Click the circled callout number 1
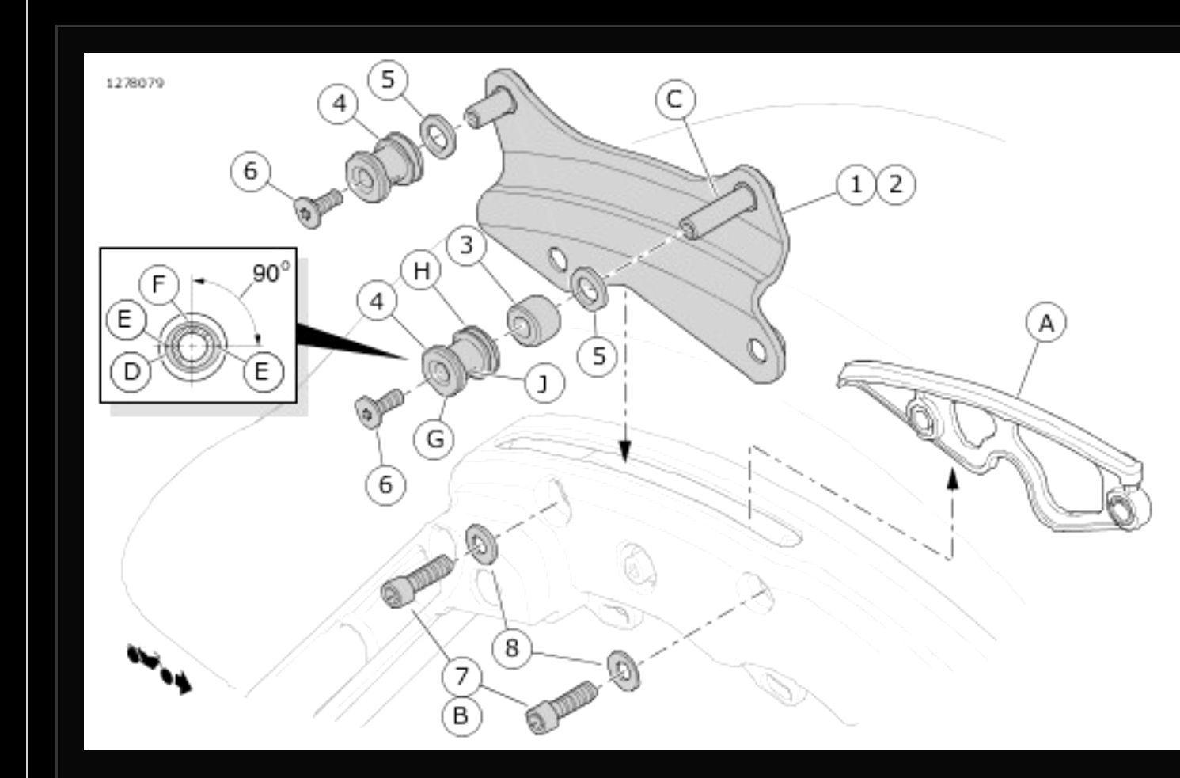tap(856, 184)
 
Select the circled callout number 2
tap(895, 184)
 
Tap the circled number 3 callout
tap(466, 245)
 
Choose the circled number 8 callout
tap(512, 648)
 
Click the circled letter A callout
tap(1046, 324)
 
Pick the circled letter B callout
tap(461, 715)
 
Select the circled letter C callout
tap(674, 100)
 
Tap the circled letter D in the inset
tap(132, 372)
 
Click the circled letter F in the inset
tap(161, 284)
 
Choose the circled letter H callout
tap(421, 271)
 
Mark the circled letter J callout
tap(543, 383)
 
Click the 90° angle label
tap(270, 274)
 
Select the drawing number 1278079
tap(135, 82)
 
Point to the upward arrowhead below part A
tap(953, 477)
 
